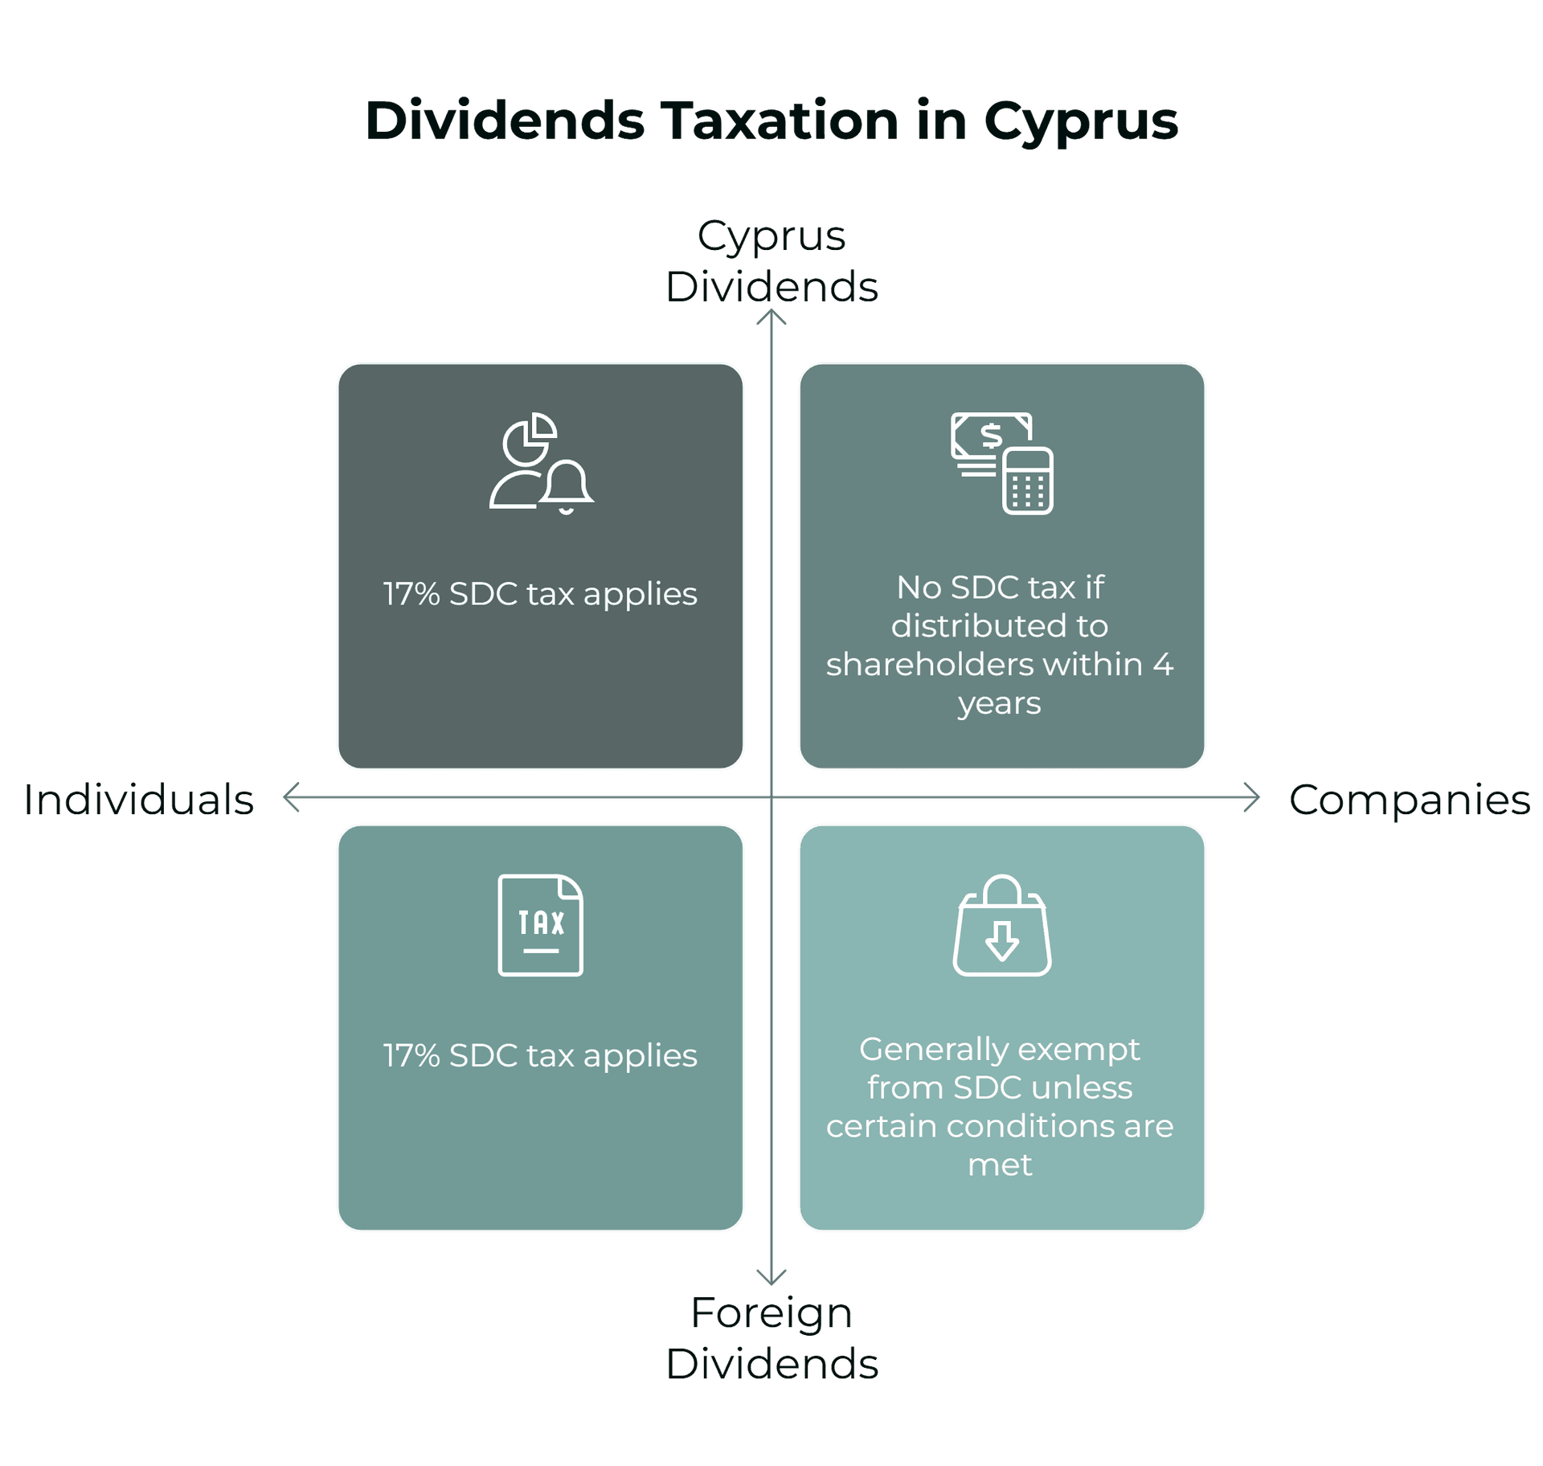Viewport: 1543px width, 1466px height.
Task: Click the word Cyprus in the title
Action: click(x=1080, y=122)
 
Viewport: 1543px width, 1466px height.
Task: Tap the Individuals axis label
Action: click(x=138, y=800)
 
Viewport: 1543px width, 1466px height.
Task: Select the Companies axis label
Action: click(x=1410, y=801)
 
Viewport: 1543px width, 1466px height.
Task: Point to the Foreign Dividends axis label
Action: click(x=771, y=1338)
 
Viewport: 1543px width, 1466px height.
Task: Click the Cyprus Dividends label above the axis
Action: click(x=771, y=261)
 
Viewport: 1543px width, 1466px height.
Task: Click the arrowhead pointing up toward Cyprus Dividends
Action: click(x=771, y=317)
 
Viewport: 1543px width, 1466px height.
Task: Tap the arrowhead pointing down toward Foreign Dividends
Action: click(x=771, y=1277)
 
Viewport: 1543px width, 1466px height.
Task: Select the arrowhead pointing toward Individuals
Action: click(x=291, y=797)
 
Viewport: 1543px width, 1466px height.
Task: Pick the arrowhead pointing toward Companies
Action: click(x=1252, y=797)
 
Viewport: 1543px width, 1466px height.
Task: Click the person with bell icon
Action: click(x=542, y=464)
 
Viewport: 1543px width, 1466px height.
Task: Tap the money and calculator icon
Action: click(x=1002, y=464)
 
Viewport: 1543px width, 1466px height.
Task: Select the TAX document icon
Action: click(x=541, y=925)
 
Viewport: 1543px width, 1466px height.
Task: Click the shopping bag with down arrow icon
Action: click(x=1002, y=925)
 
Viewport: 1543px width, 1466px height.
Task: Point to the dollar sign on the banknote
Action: click(x=992, y=436)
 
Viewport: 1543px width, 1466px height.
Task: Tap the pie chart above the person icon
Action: click(x=530, y=439)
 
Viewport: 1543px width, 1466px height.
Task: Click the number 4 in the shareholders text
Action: click(x=1163, y=665)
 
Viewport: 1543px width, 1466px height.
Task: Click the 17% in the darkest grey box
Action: click(x=411, y=594)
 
